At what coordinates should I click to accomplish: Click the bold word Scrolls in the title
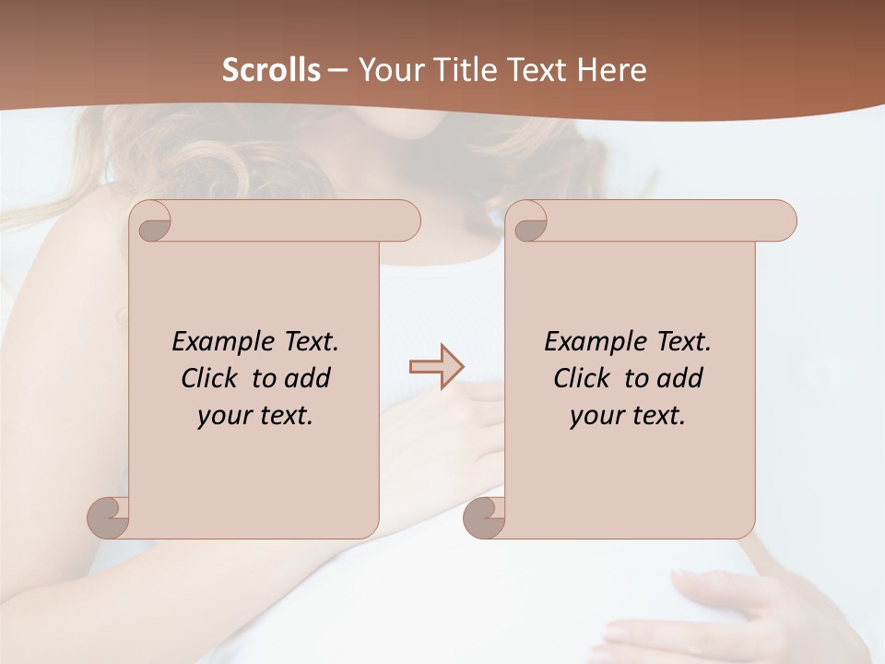[271, 70]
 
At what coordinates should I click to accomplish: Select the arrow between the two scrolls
[436, 367]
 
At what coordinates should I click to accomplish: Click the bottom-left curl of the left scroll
[109, 516]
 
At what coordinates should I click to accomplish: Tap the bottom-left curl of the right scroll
[485, 516]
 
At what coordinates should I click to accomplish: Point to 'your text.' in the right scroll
[628, 415]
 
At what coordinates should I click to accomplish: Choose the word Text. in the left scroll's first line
[311, 342]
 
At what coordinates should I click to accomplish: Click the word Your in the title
[387, 70]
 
